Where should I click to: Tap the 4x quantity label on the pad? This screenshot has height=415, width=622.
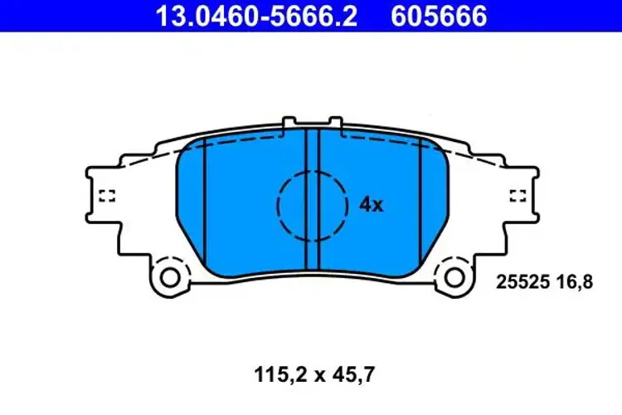click(371, 204)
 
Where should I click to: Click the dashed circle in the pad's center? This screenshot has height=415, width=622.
click(313, 206)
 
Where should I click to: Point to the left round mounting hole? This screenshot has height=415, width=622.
click(170, 276)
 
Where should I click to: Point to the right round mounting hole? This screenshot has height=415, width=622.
click(454, 276)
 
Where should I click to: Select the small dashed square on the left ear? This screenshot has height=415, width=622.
click(106, 196)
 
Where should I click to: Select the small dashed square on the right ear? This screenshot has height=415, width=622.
click(518, 196)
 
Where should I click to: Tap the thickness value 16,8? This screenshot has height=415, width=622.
click(578, 282)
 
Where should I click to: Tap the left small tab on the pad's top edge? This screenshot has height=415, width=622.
click(289, 123)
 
